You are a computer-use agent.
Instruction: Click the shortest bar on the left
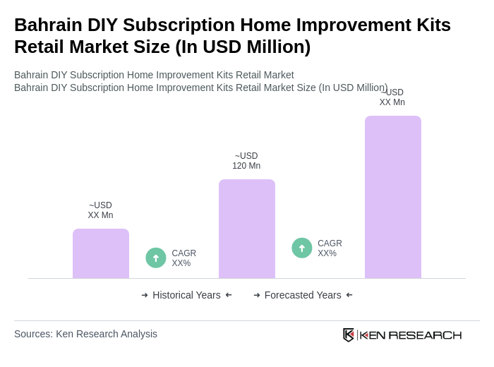point(100,253)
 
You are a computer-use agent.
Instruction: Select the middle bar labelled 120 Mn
point(246,229)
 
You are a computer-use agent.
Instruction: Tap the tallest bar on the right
point(392,197)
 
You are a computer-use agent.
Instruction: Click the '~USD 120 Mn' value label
point(246,161)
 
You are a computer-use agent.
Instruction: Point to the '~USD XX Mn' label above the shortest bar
point(100,210)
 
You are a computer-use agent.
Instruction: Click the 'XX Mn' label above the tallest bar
point(392,102)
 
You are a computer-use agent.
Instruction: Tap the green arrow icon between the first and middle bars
point(156,258)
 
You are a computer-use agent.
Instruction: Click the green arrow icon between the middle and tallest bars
point(302,248)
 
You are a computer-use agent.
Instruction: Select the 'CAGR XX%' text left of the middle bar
point(183,258)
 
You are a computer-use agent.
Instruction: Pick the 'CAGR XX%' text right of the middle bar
point(330,248)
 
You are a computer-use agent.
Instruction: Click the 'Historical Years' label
point(186,295)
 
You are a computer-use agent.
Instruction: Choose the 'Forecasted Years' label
point(303,295)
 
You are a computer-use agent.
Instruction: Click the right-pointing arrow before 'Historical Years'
point(145,295)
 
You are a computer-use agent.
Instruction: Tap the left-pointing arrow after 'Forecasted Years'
point(349,295)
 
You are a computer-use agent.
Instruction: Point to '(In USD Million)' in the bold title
point(243,47)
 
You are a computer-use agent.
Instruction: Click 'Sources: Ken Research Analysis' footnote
point(85,334)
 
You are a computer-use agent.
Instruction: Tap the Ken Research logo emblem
point(349,335)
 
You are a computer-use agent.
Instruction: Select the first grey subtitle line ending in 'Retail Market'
point(154,75)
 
